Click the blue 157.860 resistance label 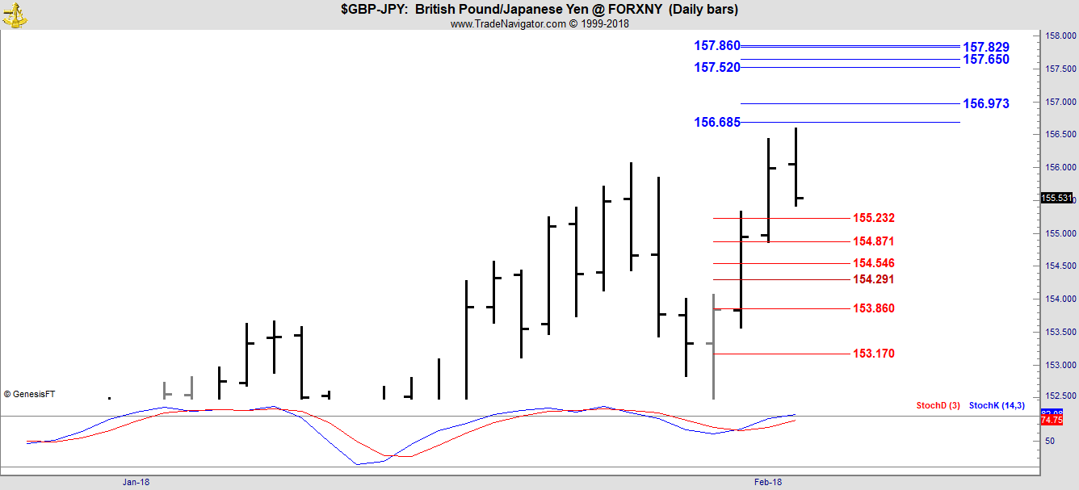tap(716, 46)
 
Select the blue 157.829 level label tap(985, 48)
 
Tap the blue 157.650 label tap(985, 60)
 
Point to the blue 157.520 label tap(716, 68)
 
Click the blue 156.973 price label tap(985, 103)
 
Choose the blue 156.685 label tap(716, 123)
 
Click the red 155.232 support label tap(873, 218)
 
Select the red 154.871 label tap(873, 241)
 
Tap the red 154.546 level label tap(873, 263)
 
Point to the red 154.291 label tap(873, 279)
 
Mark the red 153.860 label tap(873, 308)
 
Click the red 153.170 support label tap(873, 354)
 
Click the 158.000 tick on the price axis tap(1059, 36)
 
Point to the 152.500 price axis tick tap(1059, 396)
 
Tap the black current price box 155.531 tap(1056, 198)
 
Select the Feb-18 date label tap(767, 482)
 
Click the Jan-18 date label tap(136, 482)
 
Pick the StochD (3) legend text tap(938, 405)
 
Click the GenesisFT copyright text tap(29, 394)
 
